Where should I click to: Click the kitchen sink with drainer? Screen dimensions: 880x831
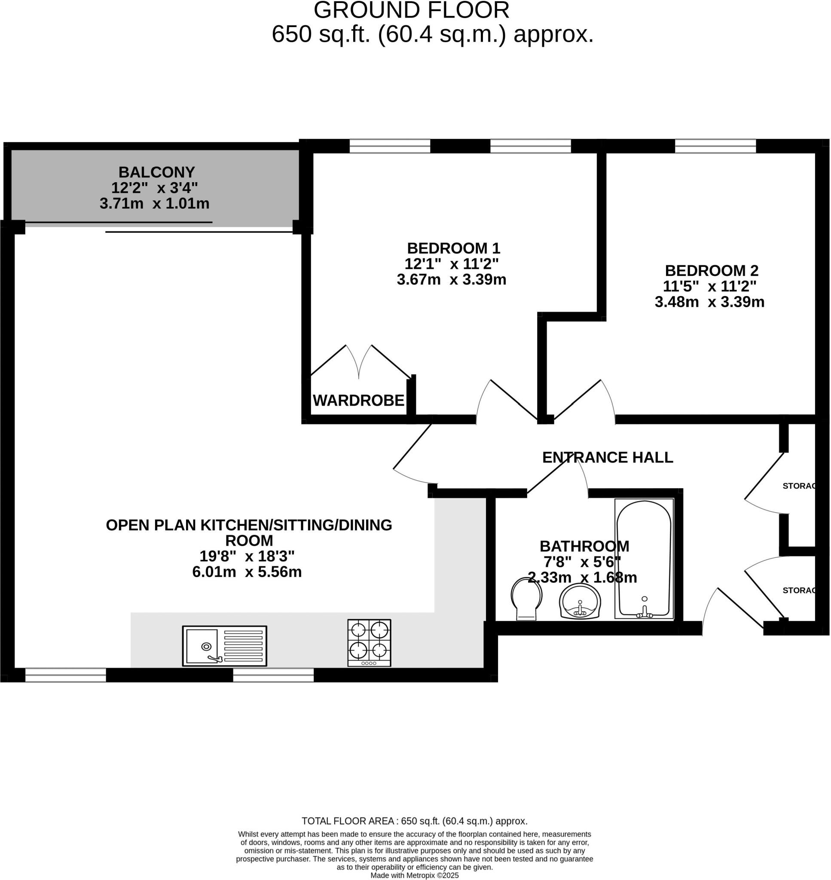point(224,646)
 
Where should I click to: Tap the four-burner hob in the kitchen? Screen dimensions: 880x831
point(369,643)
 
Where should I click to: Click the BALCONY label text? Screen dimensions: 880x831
point(156,172)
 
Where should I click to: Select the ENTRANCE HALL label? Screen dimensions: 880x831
point(607,457)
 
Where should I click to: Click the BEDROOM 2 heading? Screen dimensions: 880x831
point(712,270)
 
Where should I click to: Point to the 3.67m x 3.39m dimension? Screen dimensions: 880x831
point(452,279)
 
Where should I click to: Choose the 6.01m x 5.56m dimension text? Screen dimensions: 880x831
point(247,572)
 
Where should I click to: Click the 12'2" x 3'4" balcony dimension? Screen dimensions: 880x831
point(154,188)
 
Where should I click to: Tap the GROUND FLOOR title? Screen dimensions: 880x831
point(412,11)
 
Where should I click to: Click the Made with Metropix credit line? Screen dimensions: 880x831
point(414,876)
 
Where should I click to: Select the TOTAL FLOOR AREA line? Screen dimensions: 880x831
point(414,821)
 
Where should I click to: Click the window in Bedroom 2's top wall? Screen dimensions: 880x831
point(715,146)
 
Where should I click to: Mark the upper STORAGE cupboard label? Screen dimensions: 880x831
point(799,486)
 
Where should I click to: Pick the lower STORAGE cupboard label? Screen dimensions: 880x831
point(799,590)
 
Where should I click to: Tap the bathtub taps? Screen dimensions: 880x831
point(645,612)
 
